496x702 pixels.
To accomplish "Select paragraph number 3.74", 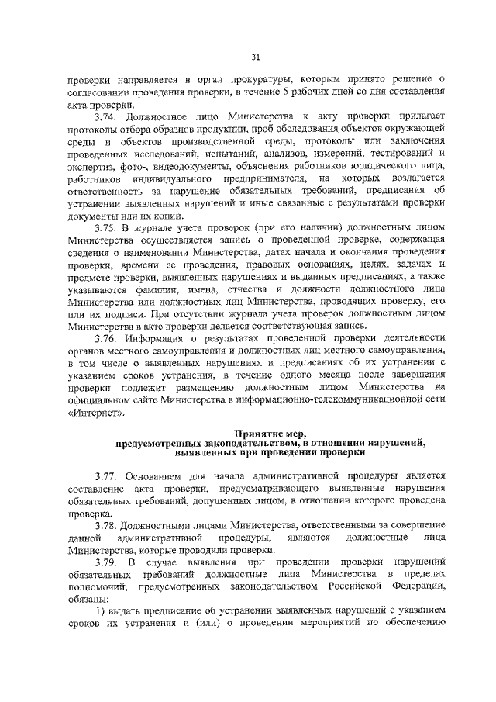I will (x=106, y=116).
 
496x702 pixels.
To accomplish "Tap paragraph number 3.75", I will (x=106, y=227).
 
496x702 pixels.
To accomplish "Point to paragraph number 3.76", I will (x=106, y=339).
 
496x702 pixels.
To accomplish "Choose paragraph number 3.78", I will (x=106, y=525).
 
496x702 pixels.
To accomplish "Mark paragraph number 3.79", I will (x=106, y=562).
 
